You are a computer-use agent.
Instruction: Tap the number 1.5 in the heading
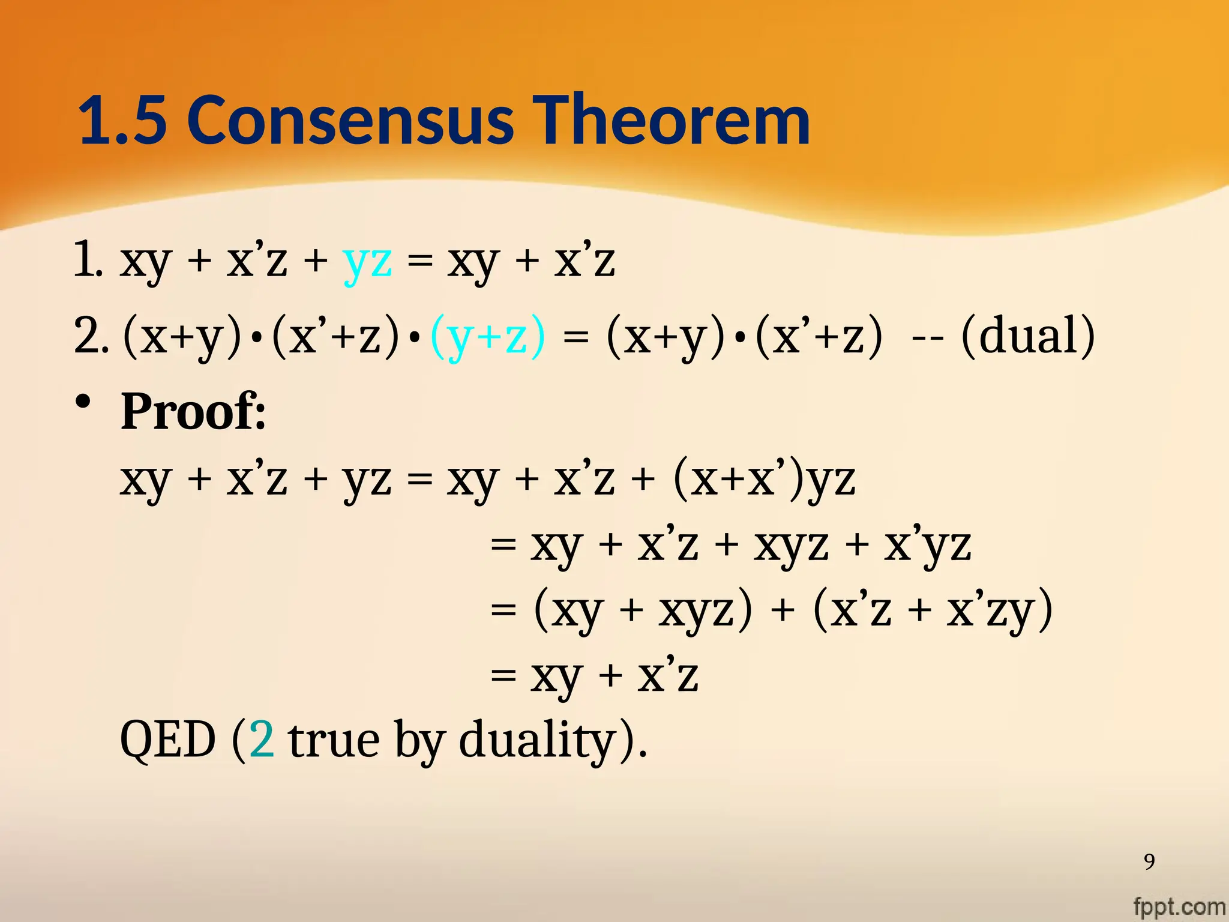[x=122, y=121]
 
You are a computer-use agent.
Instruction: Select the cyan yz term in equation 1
[x=367, y=262]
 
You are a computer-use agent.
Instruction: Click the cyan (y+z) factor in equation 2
[x=488, y=336]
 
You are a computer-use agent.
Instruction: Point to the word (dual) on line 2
[x=1027, y=336]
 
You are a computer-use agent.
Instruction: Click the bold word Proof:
[x=193, y=412]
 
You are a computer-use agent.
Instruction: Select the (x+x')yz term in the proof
[x=764, y=480]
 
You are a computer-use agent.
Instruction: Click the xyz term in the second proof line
[x=791, y=546]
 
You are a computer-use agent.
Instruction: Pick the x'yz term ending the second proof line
[x=928, y=546]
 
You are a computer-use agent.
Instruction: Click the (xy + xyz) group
[x=642, y=611]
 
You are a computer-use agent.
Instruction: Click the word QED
[x=168, y=740]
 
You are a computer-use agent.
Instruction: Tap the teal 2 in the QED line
[x=262, y=740]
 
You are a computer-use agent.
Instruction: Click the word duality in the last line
[x=537, y=741]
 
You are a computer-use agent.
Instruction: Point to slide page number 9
[x=1149, y=861]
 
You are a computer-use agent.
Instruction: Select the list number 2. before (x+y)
[x=91, y=336]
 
